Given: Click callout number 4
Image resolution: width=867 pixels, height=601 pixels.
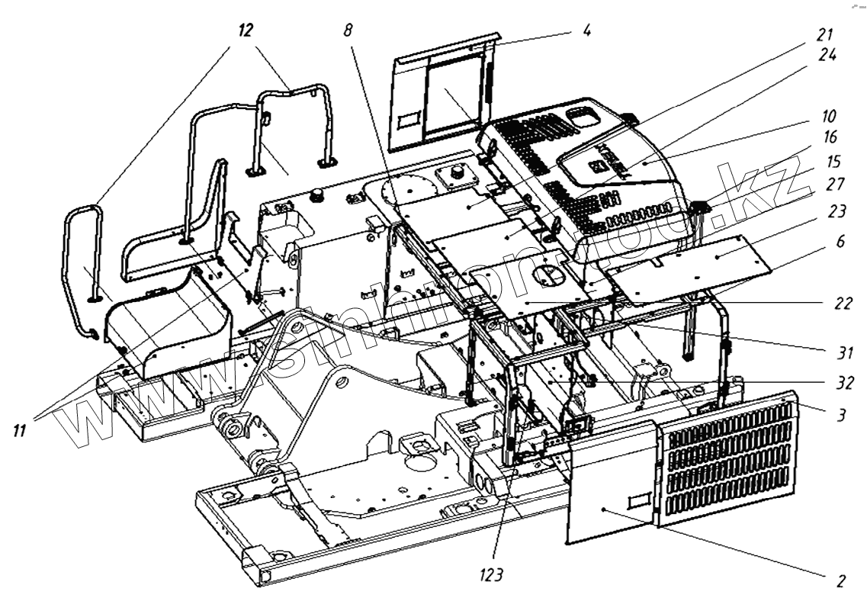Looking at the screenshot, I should coord(586,33).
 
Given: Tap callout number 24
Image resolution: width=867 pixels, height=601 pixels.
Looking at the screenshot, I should coord(827,55).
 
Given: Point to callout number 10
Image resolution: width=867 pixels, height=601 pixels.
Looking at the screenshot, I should coord(828,117).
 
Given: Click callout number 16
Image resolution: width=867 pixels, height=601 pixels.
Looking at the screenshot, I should coord(828,137).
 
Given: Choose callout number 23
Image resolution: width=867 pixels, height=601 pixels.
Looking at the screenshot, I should coord(829,215).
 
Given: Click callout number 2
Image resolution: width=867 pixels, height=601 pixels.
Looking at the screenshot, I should coord(840,580).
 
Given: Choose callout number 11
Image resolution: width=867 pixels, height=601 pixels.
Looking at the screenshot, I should coord(20,432).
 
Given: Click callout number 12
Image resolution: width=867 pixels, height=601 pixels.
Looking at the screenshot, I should coord(246,31).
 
